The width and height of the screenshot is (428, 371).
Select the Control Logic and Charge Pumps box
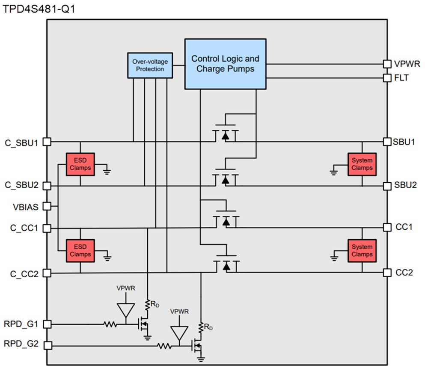(x=225, y=64)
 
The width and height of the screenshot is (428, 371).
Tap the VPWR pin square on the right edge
(x=387, y=64)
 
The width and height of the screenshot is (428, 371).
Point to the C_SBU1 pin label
(x=22, y=142)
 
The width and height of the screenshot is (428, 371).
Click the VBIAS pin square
(x=47, y=206)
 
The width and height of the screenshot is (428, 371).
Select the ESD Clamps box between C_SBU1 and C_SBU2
(x=80, y=164)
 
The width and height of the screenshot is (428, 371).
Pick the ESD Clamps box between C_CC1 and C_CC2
(x=80, y=251)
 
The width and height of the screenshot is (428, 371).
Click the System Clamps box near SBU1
(x=362, y=164)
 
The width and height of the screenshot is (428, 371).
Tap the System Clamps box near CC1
(x=362, y=251)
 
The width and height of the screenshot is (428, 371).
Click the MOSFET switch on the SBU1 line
(x=226, y=134)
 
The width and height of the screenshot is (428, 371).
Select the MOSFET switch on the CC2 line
(x=226, y=264)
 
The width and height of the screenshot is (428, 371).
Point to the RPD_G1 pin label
(x=21, y=324)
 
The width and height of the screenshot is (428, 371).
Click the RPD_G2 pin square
(x=47, y=344)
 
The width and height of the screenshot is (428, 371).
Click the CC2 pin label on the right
(x=404, y=272)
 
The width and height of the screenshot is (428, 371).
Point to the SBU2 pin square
(x=387, y=186)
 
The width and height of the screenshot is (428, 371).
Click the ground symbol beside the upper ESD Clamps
(x=107, y=171)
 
